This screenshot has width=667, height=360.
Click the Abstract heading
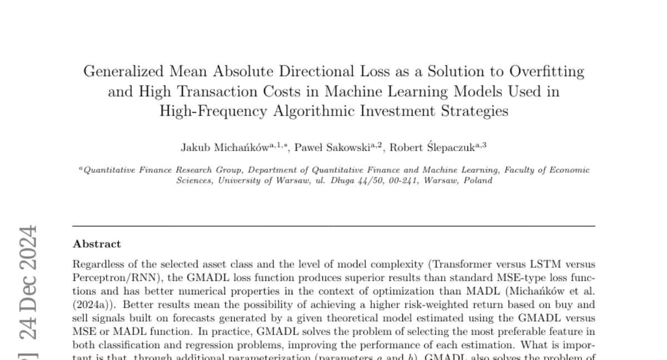click(x=97, y=244)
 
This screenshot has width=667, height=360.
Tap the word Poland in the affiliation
click(x=477, y=180)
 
